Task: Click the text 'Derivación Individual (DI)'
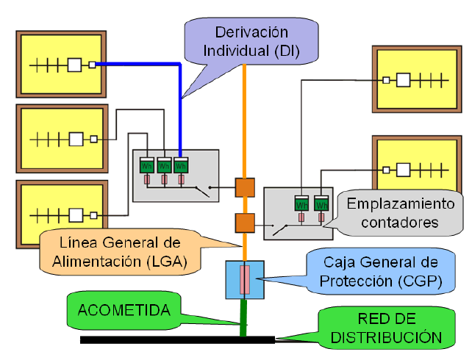(251, 41)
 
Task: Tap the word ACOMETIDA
(124, 310)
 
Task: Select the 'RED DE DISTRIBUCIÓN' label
(387, 328)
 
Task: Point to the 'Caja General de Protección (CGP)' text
(381, 272)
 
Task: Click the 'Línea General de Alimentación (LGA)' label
(120, 252)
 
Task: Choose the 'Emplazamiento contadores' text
(401, 213)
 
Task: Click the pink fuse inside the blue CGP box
(245, 280)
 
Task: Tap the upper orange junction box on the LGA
(245, 187)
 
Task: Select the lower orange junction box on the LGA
(245, 223)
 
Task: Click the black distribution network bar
(178, 340)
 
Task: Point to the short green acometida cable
(243, 317)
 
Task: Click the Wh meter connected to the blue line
(181, 165)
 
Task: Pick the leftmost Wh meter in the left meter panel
(147, 165)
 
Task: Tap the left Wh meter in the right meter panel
(301, 203)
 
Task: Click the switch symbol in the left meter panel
(203, 191)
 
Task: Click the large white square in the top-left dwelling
(74, 65)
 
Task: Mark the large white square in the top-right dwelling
(403, 80)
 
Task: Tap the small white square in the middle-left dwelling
(94, 140)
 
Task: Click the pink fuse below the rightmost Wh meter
(321, 217)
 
